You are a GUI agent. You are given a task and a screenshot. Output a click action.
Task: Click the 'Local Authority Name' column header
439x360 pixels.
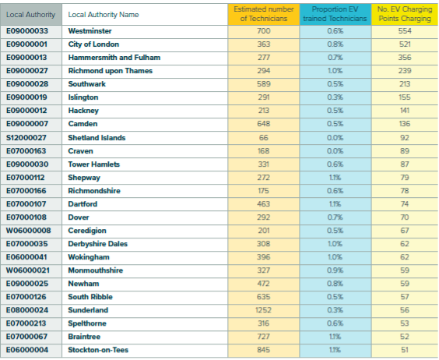[104, 15]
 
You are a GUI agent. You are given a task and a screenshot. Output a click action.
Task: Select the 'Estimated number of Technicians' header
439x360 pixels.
[264, 14]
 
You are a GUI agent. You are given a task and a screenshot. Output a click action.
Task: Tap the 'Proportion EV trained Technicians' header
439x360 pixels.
[335, 14]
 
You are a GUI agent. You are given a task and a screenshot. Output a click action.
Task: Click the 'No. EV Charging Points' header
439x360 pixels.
[405, 14]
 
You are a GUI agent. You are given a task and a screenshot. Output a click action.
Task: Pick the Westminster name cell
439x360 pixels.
[90, 31]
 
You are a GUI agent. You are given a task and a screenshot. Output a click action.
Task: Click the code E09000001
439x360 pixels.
[27, 44]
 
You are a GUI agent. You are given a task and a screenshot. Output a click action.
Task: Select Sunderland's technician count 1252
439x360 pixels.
[263, 310]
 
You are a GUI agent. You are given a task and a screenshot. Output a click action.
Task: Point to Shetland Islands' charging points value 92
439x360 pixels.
[405, 138]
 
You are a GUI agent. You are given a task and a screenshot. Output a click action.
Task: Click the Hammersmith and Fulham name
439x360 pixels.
[114, 58]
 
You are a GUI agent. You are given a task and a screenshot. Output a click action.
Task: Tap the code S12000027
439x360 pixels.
[27, 138]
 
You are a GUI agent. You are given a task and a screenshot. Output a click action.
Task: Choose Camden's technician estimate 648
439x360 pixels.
[264, 124]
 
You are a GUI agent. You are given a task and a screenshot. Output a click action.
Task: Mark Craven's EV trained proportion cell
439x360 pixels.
[335, 151]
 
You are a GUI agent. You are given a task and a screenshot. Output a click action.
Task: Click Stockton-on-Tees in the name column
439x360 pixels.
[98, 350]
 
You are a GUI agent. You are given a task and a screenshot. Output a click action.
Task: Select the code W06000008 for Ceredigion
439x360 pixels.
[29, 231]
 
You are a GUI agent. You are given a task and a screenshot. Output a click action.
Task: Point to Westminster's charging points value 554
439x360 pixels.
[405, 31]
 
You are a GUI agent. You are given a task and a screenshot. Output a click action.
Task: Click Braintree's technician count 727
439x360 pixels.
[263, 337]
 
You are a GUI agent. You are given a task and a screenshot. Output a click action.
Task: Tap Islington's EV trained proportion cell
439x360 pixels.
[335, 97]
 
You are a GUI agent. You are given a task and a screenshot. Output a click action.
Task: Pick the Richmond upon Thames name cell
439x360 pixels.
[111, 71]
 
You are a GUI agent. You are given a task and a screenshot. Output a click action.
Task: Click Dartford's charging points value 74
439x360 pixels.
[405, 204]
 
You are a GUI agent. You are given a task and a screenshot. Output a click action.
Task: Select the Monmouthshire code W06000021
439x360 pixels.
[28, 270]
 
